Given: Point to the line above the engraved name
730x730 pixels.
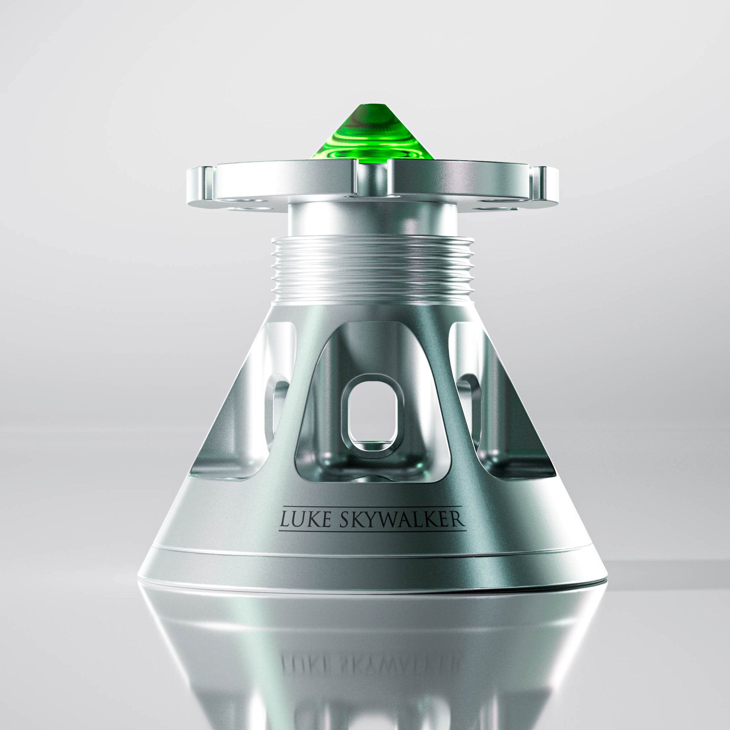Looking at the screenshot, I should coord(372,506).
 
